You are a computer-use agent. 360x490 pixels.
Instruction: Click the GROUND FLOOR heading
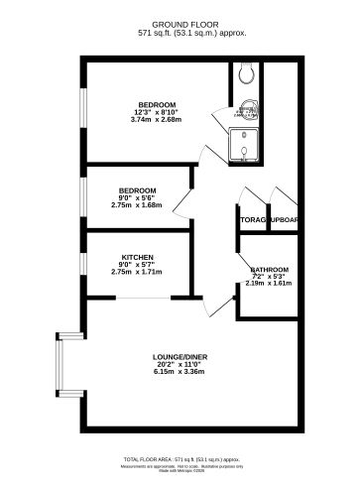(179, 23)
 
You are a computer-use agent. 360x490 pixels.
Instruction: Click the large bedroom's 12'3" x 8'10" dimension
(156, 112)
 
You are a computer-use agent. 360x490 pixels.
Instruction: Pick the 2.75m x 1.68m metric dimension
(136, 204)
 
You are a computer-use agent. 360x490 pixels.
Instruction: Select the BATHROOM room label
(269, 270)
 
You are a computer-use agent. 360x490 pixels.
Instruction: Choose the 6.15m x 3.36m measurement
(179, 373)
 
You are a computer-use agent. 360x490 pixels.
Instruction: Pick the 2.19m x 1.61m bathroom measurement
(269, 284)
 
